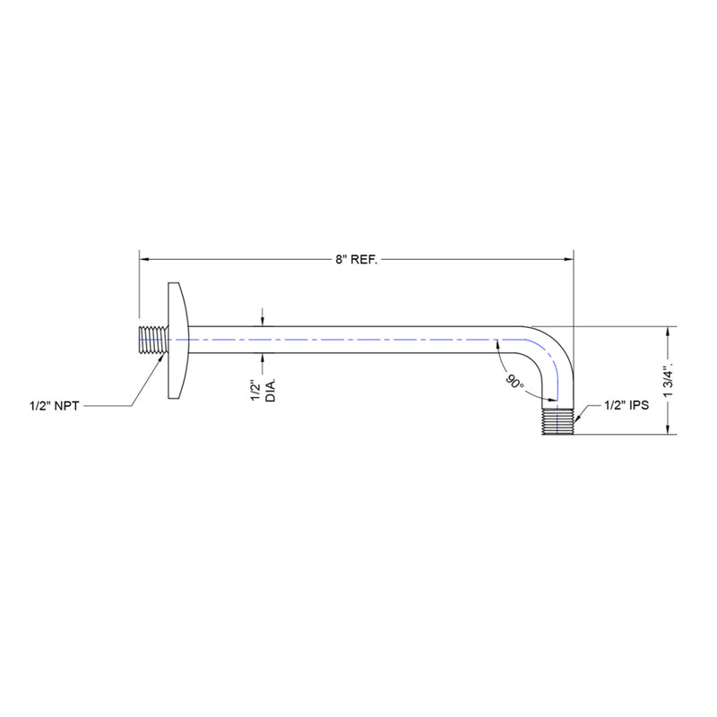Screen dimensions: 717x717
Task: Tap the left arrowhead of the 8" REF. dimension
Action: [x=143, y=259]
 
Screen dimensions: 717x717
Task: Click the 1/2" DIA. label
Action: [x=261, y=391]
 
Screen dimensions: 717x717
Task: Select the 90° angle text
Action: [x=513, y=383]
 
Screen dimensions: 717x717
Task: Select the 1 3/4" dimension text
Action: [x=678, y=380]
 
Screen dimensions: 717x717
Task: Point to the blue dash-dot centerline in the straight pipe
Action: [x=358, y=341]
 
